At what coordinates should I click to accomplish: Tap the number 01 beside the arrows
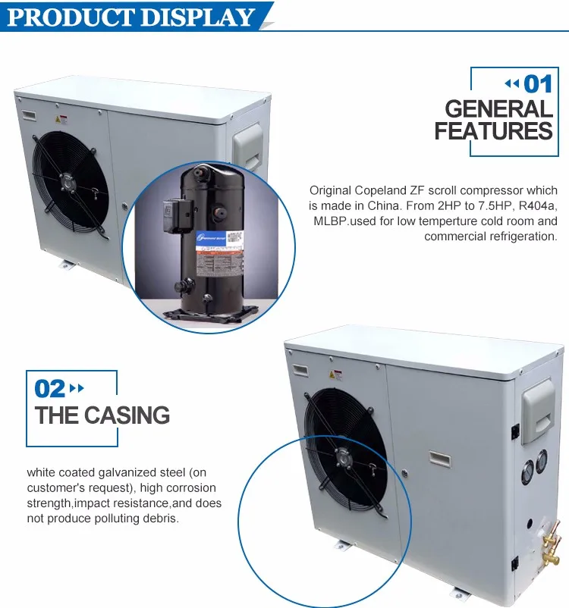tap(537, 83)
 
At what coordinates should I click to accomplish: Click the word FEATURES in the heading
tap(493, 131)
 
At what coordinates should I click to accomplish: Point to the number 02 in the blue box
tap(50, 389)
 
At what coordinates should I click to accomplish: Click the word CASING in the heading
tap(127, 415)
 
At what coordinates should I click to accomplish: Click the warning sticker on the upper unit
tap(64, 119)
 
